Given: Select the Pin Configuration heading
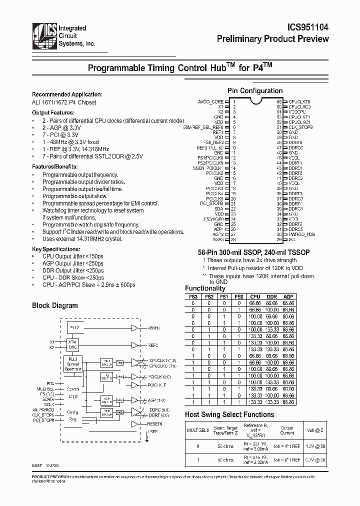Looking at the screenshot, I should point(255,90).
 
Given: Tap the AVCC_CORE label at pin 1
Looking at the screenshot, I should point(210,101).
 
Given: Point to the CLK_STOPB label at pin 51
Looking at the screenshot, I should point(300,127).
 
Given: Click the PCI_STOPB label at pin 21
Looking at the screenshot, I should point(211,203).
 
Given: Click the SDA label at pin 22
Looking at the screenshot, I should point(219,209).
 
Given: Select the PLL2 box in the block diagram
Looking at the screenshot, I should point(74,327).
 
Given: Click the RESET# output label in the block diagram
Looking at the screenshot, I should point(155,423).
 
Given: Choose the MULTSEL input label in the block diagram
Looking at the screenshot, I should point(44,388).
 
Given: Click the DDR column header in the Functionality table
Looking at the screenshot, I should point(271,296).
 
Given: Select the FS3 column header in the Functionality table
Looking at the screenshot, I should point(193,296).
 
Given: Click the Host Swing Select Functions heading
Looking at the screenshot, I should point(229,414).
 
